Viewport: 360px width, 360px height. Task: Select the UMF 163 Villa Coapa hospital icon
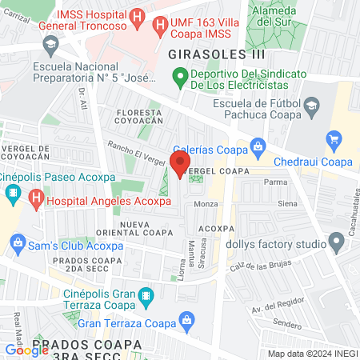[x=159, y=25]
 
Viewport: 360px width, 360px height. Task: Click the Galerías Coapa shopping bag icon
[x=258, y=146]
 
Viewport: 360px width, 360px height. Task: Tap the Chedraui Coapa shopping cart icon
[x=334, y=141]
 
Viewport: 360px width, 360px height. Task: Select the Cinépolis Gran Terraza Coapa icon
[x=146, y=298]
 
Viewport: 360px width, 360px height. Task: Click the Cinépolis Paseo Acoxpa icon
[x=13, y=193]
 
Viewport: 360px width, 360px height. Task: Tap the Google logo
[x=26, y=350]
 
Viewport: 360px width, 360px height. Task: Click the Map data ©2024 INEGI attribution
[x=311, y=354]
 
